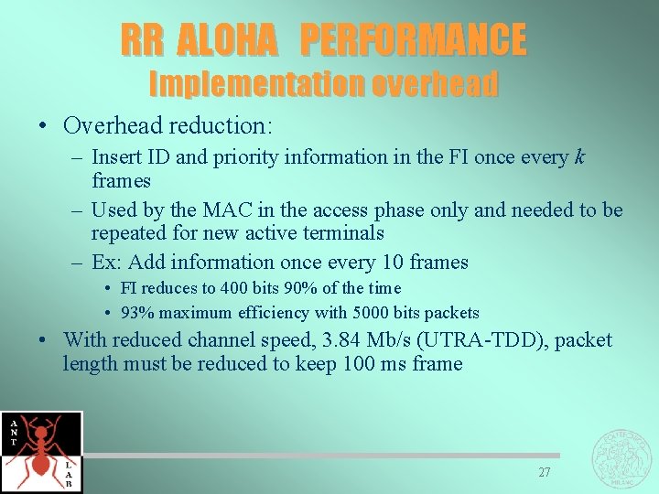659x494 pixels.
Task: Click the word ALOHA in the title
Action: pyautogui.click(x=226, y=39)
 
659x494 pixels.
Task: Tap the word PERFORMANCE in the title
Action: pyautogui.click(x=413, y=39)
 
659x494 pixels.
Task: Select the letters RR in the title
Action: pyautogui.click(x=143, y=39)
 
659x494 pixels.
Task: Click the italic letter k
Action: pyautogui.click(x=578, y=156)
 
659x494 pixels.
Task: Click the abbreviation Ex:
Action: pyautogui.click(x=107, y=263)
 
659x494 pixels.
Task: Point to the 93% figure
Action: pyautogui.click(x=136, y=313)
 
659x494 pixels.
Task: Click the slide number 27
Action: pyautogui.click(x=545, y=472)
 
